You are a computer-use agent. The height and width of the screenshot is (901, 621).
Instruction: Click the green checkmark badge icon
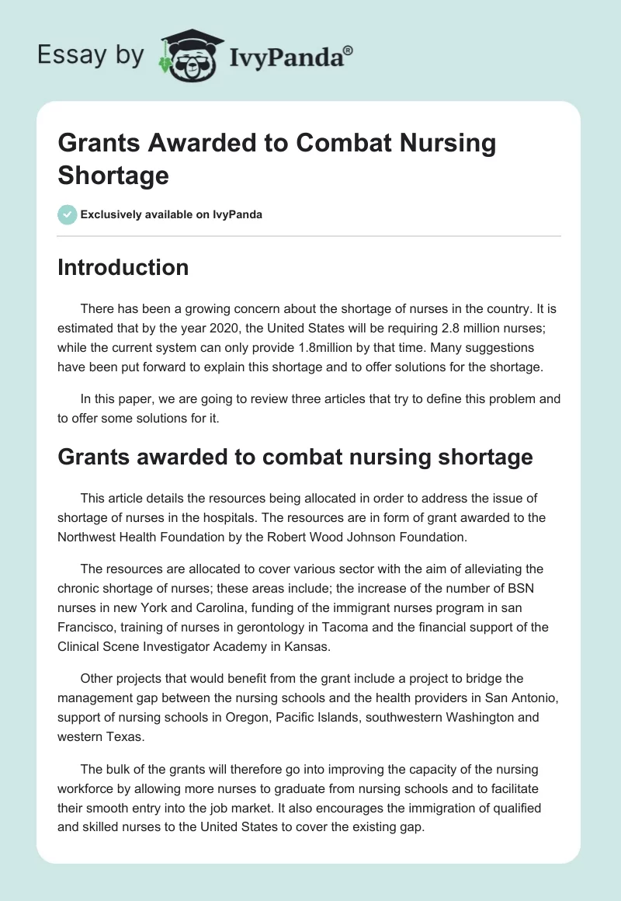click(68, 214)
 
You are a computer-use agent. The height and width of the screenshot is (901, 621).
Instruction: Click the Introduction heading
click(123, 267)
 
